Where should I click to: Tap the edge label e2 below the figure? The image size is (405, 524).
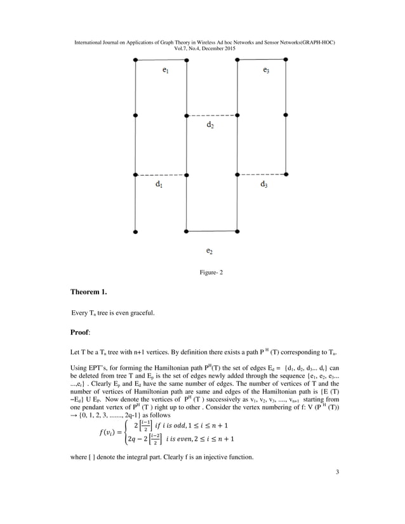pos(210,251)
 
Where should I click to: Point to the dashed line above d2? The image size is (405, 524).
pos(211,115)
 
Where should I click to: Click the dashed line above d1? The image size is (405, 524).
pos(160,174)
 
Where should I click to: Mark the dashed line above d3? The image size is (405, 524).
pos(261,174)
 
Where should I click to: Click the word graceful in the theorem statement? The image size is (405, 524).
pos(140,313)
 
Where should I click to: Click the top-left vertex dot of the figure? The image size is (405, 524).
pos(135,60)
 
